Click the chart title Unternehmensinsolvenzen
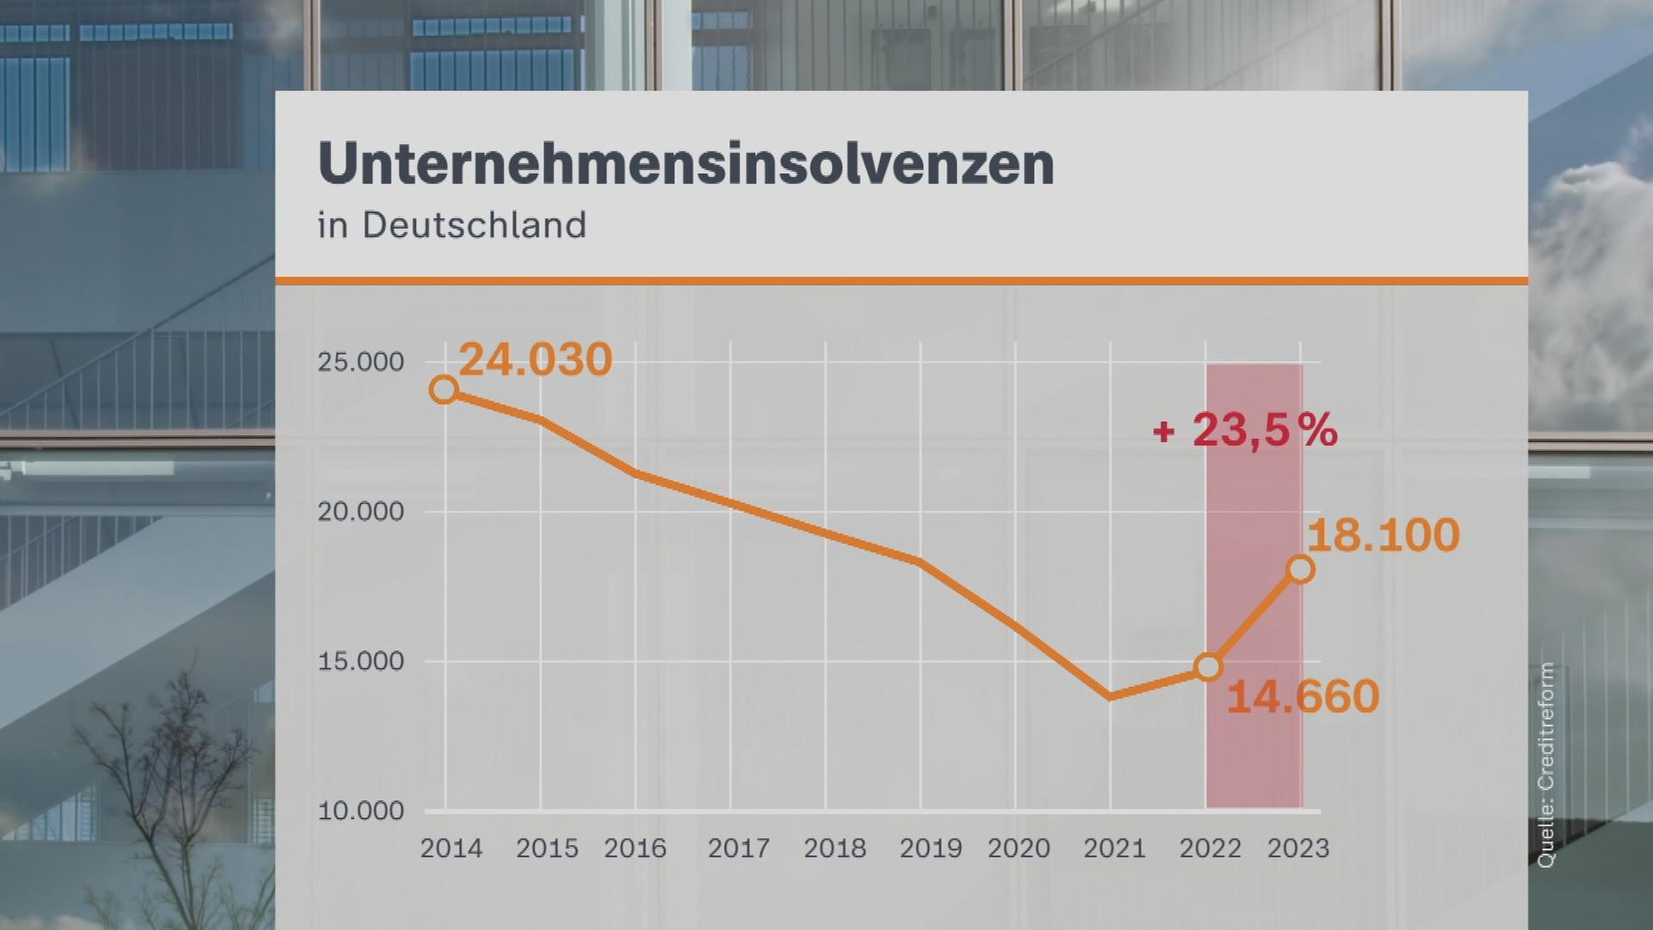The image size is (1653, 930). pyautogui.click(x=685, y=164)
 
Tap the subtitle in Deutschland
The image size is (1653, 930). pyautogui.click(x=452, y=226)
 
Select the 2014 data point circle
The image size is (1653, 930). pyautogui.click(x=443, y=390)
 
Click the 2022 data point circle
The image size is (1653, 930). pyautogui.click(x=1209, y=666)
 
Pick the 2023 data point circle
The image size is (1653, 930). pyautogui.click(x=1300, y=569)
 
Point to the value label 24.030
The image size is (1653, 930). pyautogui.click(x=535, y=359)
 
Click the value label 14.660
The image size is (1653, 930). pyautogui.click(x=1303, y=697)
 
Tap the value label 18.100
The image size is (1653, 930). pyautogui.click(x=1383, y=535)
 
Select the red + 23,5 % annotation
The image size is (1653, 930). pyautogui.click(x=1245, y=429)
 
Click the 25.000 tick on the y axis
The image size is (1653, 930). pyautogui.click(x=361, y=363)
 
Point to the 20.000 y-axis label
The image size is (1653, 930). pyautogui.click(x=361, y=512)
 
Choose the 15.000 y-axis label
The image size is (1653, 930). pyautogui.click(x=361, y=662)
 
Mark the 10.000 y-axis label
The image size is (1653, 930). pyautogui.click(x=361, y=811)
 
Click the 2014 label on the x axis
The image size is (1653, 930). pyautogui.click(x=451, y=849)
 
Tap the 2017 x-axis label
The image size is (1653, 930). pyautogui.click(x=739, y=849)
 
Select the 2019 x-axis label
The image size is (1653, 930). pyautogui.click(x=931, y=849)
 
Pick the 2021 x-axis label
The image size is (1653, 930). pyautogui.click(x=1114, y=849)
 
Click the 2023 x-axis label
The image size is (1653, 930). pyautogui.click(x=1298, y=849)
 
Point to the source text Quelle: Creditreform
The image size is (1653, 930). pyautogui.click(x=1547, y=765)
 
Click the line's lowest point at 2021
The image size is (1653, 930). pyautogui.click(x=1111, y=696)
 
